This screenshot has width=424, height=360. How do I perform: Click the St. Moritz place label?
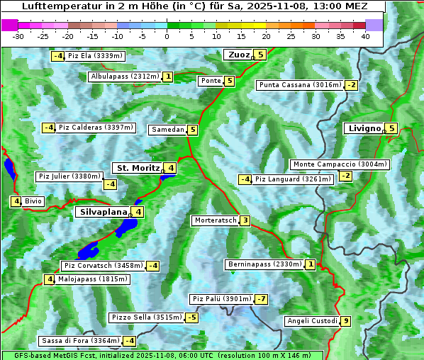138,168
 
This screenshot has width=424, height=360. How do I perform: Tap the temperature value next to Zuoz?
260,55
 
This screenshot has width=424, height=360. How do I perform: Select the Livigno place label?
364,128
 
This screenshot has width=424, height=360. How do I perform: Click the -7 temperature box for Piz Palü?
262,299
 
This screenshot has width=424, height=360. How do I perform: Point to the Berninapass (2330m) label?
264,264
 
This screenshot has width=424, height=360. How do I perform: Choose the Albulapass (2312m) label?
125,77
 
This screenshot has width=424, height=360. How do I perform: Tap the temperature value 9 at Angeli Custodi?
345,321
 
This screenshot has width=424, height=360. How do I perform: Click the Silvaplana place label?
104,211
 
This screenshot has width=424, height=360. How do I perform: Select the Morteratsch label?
215,220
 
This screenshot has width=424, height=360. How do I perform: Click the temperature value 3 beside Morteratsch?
245,220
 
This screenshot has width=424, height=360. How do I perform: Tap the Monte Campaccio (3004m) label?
340,164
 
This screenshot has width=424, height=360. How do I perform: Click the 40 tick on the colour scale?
365,36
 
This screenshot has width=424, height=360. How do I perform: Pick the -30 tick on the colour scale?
18,36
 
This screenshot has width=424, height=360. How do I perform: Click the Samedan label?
167,130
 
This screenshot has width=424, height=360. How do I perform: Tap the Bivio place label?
33,201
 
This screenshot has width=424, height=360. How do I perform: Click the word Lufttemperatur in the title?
63,6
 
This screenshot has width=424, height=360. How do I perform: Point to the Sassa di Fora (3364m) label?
79,341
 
